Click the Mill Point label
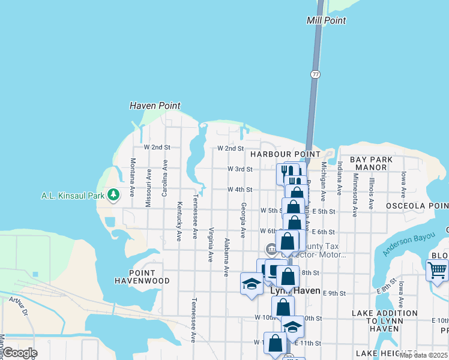[x=326, y=20]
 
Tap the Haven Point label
[x=155, y=106]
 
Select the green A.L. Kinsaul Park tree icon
[x=113, y=195]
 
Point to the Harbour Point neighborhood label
[x=277, y=154]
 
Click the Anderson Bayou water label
[x=408, y=243]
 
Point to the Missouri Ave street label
[x=148, y=188]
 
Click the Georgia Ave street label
[x=243, y=220]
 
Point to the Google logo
[x=19, y=353]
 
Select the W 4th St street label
[x=240, y=190]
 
